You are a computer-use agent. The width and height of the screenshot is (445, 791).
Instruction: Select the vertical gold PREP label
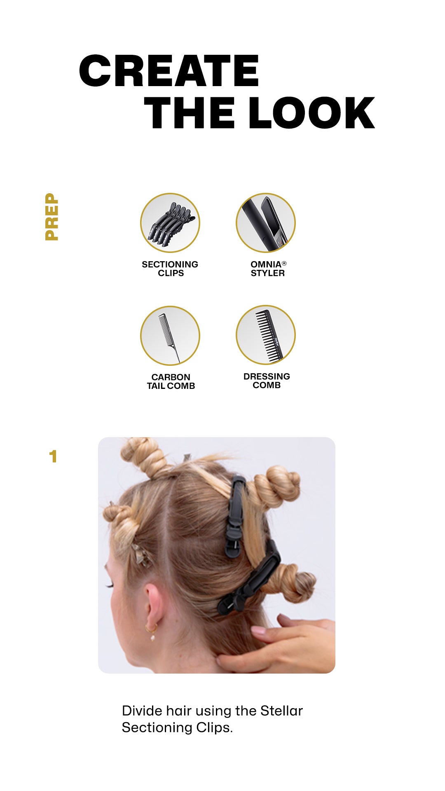tap(52, 217)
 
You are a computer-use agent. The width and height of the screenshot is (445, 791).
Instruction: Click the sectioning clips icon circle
tap(170, 223)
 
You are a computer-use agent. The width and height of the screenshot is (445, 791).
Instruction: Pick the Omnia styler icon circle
tap(266, 223)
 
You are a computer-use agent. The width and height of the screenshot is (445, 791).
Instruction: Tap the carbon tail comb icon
tap(170, 335)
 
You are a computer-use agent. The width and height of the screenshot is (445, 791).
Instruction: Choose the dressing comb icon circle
tap(266, 335)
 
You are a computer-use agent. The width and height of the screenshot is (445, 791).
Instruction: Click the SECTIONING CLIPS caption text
tap(170, 269)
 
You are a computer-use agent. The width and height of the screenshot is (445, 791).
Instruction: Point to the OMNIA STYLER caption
tap(268, 269)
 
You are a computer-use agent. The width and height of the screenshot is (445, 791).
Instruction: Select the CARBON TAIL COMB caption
tap(171, 381)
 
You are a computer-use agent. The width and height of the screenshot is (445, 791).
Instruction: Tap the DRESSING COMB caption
tap(267, 381)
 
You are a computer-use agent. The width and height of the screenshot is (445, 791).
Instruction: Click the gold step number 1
tap(53, 456)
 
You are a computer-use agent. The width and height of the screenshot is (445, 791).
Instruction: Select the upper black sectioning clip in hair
tap(236, 515)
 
